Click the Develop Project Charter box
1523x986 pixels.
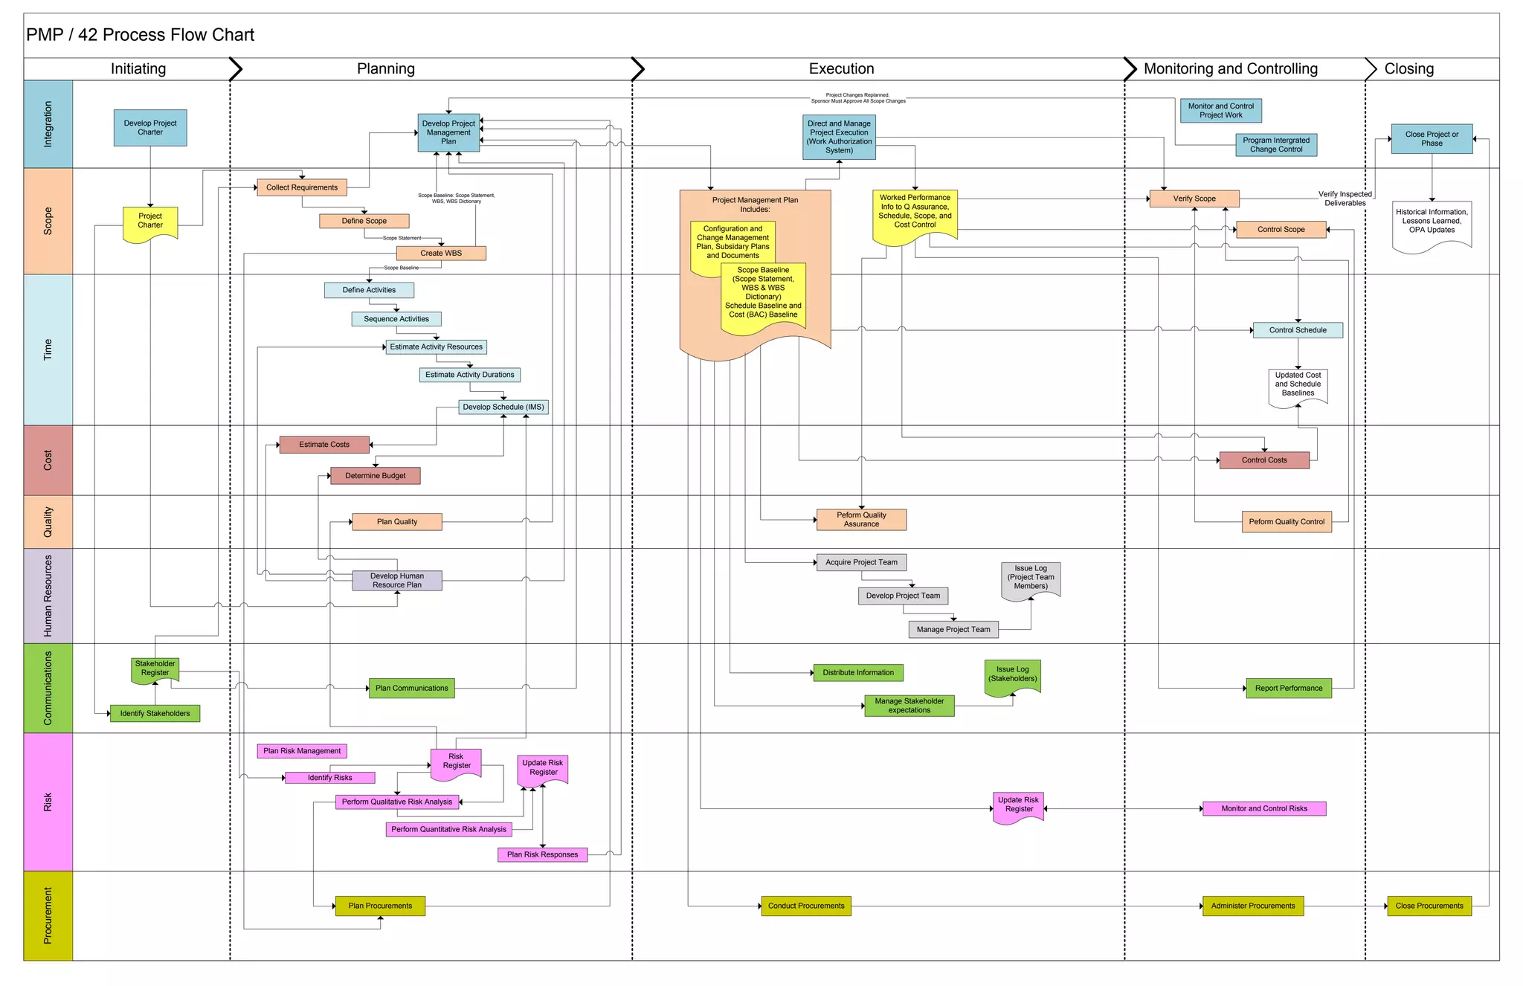coord(150,128)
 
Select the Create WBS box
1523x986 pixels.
coord(441,253)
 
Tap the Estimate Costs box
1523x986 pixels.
coord(324,445)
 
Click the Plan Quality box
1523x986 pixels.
coord(397,522)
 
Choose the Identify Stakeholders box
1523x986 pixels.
coord(155,714)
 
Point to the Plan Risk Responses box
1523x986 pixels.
coord(542,854)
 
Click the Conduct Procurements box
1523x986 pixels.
coord(806,906)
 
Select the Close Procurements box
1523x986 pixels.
coord(1429,906)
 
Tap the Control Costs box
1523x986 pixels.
coord(1263,460)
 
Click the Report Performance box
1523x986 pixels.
coord(1288,689)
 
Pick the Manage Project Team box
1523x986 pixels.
coord(953,630)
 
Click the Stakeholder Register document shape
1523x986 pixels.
coord(155,668)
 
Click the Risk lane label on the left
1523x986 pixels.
coord(48,802)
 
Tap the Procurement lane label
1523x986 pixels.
coord(48,915)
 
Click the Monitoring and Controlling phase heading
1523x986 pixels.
coord(1230,69)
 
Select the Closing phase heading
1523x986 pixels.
coord(1408,69)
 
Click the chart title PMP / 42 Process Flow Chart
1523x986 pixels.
coord(141,35)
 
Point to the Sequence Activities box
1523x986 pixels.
coord(396,319)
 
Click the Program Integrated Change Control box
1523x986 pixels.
coord(1275,145)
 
